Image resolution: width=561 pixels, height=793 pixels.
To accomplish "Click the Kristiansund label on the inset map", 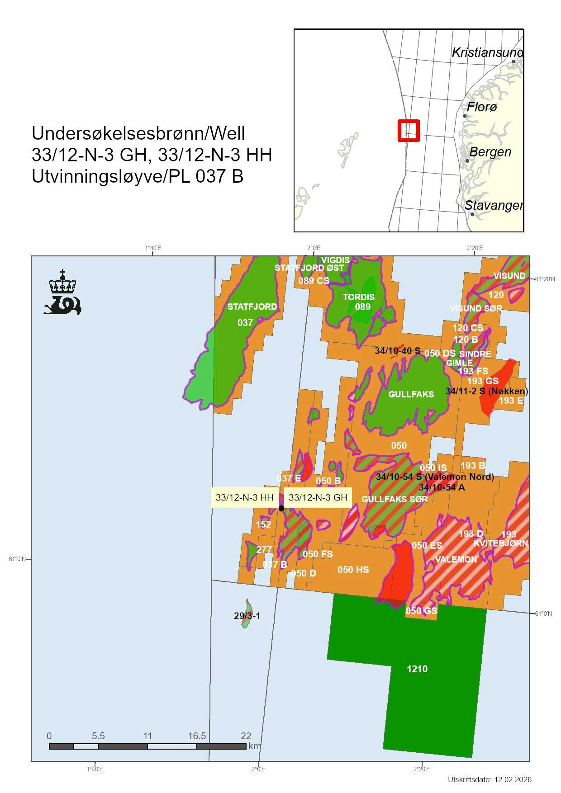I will click(x=487, y=53).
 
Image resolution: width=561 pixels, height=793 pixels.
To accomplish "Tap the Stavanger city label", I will click(x=493, y=205).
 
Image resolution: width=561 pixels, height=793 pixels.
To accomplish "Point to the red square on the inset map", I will click(x=409, y=130).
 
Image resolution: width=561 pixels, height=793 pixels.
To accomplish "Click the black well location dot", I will click(x=281, y=508).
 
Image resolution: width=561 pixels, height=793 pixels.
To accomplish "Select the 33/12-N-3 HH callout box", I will click(x=244, y=498).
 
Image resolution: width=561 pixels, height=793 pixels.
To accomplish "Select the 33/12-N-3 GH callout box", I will click(x=318, y=498).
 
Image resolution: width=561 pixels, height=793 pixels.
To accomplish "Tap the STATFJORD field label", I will click(x=252, y=307).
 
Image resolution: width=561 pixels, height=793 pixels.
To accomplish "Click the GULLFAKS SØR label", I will click(x=395, y=499).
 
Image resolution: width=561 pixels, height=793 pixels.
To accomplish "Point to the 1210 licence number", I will click(x=417, y=669).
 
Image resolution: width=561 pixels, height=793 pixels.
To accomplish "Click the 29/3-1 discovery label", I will click(x=247, y=616).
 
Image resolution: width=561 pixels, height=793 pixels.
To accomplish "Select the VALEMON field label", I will click(x=456, y=559).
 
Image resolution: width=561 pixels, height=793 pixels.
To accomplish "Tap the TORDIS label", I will click(x=358, y=297).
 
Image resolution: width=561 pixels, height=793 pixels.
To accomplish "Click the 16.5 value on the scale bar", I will click(x=197, y=736).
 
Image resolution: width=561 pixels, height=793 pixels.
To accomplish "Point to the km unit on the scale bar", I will click(x=254, y=746).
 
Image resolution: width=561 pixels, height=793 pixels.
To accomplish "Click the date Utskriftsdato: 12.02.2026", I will click(x=490, y=779).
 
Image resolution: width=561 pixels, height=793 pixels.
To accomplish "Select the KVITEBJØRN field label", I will click(x=500, y=543).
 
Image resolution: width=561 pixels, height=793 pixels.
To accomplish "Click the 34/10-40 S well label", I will click(x=398, y=351).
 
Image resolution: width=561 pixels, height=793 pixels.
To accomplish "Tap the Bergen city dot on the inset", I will click(x=467, y=161).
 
